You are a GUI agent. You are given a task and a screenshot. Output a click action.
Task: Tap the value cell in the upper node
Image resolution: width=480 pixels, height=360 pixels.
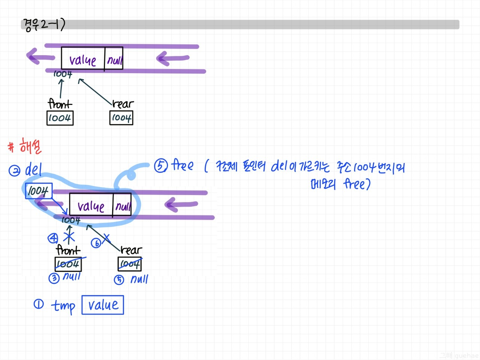coord(83,59)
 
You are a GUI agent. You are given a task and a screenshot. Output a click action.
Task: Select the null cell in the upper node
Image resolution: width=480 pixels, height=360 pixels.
coord(114,59)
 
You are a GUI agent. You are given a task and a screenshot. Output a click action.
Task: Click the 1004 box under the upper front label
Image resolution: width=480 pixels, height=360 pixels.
coord(60,118)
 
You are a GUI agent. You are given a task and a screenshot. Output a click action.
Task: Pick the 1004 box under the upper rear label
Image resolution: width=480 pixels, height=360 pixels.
coord(121,118)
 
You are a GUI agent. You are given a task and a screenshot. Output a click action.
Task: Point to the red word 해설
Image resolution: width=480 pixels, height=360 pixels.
coord(30,146)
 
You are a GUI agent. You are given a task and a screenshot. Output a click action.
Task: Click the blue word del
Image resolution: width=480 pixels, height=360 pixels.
coord(33,170)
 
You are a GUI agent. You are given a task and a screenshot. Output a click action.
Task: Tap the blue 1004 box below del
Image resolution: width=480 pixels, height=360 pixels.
coord(38,191)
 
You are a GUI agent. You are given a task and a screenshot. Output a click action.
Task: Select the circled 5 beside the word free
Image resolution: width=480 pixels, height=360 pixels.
coord(160,166)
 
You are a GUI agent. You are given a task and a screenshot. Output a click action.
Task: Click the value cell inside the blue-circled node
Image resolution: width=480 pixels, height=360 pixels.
coord(91,205)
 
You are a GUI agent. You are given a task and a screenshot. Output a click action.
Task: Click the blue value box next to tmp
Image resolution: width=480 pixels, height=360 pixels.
coord(103,305)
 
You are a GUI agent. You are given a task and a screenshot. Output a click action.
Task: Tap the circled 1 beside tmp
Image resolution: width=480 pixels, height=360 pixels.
coord(39,304)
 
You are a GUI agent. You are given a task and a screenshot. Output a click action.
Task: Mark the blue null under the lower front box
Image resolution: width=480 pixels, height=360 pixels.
coord(72,277)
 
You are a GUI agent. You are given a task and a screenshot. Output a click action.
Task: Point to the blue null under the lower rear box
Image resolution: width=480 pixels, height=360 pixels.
coord(139,279)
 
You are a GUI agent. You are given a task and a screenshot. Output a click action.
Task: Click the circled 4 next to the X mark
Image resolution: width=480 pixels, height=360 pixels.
coord(53,238)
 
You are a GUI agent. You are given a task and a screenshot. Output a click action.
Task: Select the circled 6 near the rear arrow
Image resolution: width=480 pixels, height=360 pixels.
coord(96,243)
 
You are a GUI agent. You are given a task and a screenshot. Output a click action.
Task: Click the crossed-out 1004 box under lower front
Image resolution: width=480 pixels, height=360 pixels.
coord(68,264)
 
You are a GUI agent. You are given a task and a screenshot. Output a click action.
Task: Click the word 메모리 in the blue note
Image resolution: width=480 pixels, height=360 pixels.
coord(323,184)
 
